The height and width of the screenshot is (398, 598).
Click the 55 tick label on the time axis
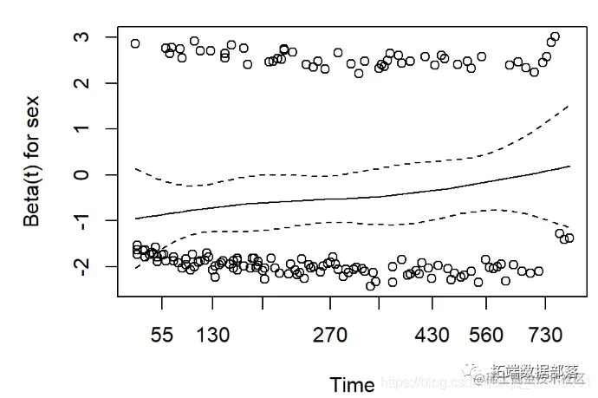tap(162, 336)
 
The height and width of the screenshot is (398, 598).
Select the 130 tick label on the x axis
tap(213, 336)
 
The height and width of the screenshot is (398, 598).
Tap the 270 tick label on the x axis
tap(330, 336)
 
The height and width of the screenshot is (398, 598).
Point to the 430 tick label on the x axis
tap(433, 336)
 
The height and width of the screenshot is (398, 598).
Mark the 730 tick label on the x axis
tap(545, 336)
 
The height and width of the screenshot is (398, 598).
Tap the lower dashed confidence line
tap(347, 225)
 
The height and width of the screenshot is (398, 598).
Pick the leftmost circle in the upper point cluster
tap(135, 43)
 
